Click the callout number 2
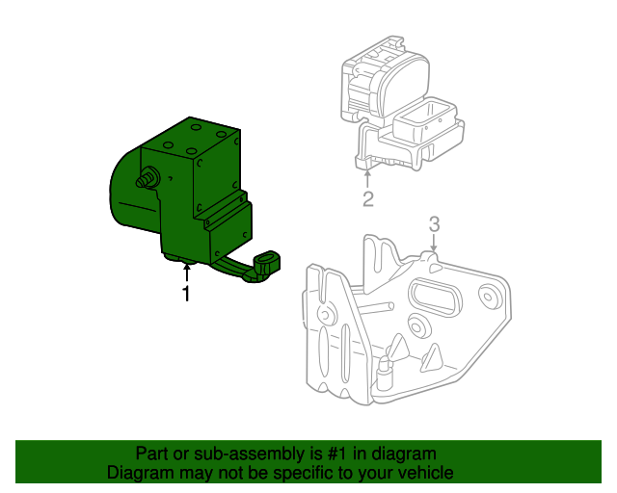(x=367, y=199)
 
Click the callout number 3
(x=434, y=223)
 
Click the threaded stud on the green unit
(x=150, y=177)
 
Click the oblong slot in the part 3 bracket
(x=435, y=298)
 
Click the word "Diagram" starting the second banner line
(x=138, y=474)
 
